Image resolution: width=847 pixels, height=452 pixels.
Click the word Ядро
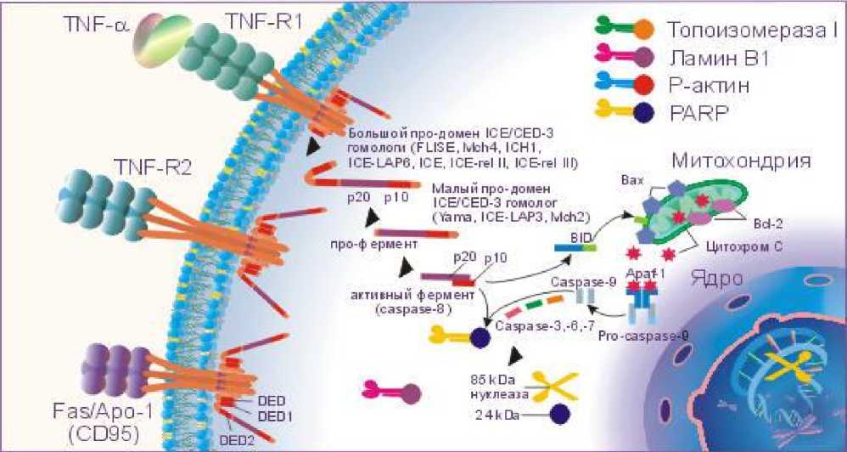(x=710, y=278)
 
